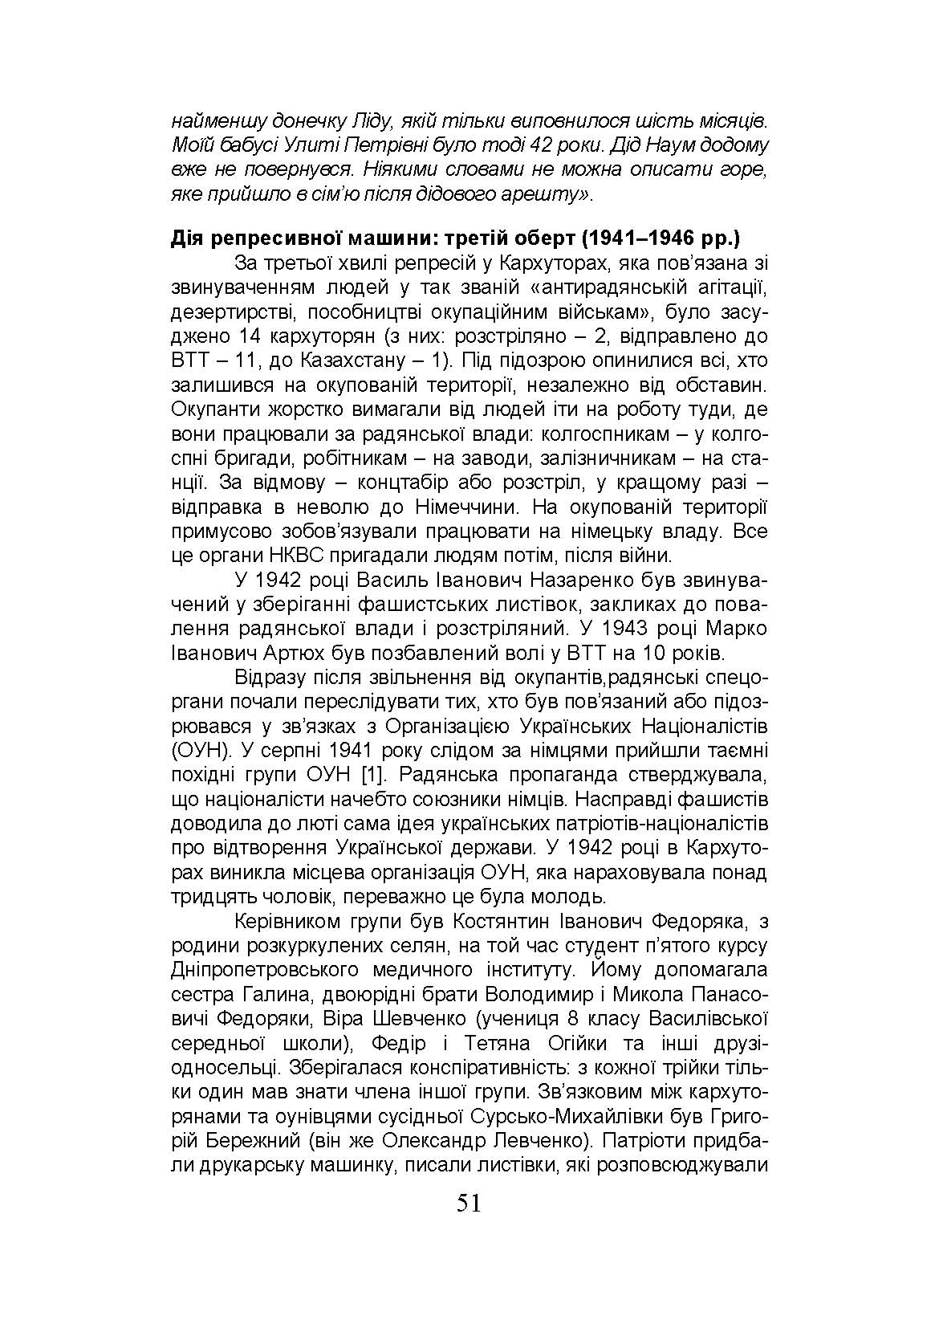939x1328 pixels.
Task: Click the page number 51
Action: click(x=469, y=1204)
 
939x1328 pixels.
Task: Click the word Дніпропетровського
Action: click(x=265, y=970)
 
